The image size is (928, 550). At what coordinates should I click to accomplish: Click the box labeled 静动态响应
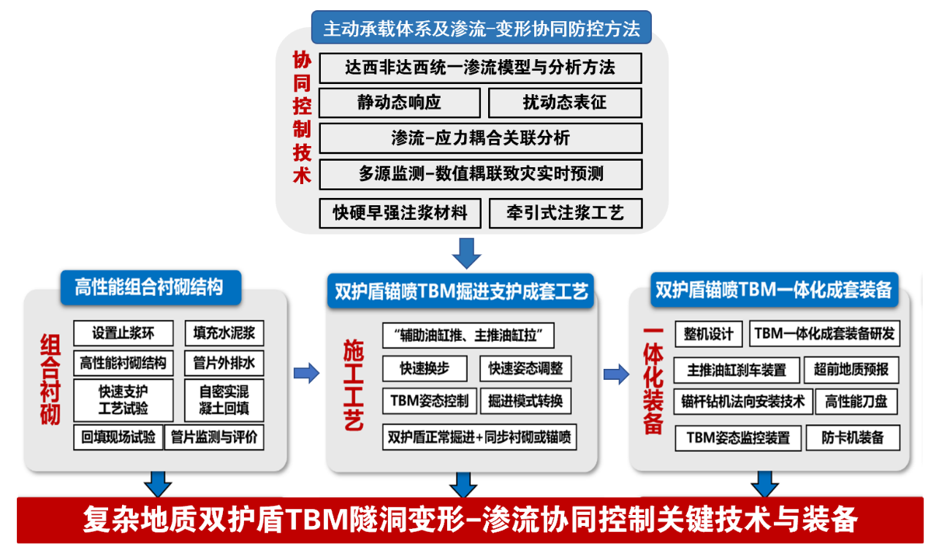pyautogui.click(x=400, y=103)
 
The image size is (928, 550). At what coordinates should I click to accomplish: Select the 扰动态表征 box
pyautogui.click(x=565, y=103)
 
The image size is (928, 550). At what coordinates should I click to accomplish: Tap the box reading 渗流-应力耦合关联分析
pyautogui.click(x=481, y=138)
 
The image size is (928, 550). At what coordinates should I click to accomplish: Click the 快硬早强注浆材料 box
pyautogui.click(x=400, y=213)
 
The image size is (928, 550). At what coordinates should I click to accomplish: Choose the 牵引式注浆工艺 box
pyautogui.click(x=566, y=213)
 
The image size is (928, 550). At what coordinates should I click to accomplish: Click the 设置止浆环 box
pyautogui.click(x=123, y=333)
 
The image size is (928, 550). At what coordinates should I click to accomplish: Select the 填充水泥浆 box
pyautogui.click(x=224, y=333)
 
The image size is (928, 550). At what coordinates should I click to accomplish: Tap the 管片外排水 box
pyautogui.click(x=224, y=362)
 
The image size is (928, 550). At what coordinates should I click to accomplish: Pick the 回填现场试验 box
pyautogui.click(x=118, y=438)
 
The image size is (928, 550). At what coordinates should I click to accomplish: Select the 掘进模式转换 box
pyautogui.click(x=525, y=400)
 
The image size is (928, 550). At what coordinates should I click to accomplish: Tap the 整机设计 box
pyautogui.click(x=708, y=334)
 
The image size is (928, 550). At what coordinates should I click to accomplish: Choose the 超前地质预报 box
pyautogui.click(x=851, y=370)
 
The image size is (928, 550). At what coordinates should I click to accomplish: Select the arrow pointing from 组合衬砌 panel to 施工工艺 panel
pyautogui.click(x=306, y=374)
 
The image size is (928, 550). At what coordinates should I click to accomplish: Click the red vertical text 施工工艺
pyautogui.click(x=354, y=384)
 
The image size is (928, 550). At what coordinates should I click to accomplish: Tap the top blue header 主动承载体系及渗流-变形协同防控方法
pyautogui.click(x=482, y=28)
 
